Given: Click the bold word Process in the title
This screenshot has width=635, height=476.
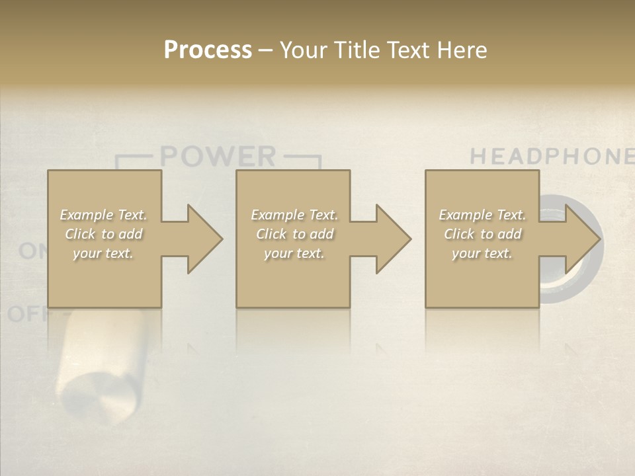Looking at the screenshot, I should pos(208,50).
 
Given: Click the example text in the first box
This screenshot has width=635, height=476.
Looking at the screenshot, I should pos(104,234).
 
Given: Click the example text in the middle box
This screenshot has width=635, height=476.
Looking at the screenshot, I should pos(294,234).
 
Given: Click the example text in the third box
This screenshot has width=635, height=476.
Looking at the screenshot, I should pos(482,234).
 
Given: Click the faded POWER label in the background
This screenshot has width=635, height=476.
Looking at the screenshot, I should pos(218,157).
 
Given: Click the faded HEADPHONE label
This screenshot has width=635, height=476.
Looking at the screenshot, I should pos(552,157).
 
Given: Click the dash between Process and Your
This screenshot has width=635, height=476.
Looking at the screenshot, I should pos(265,50).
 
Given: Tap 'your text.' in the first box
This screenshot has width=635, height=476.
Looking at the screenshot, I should pos(103,253).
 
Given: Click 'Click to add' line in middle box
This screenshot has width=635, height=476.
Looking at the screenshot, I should pos(294,234).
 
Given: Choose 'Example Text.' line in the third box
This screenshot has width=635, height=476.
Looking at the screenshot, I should pos(482,215).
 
